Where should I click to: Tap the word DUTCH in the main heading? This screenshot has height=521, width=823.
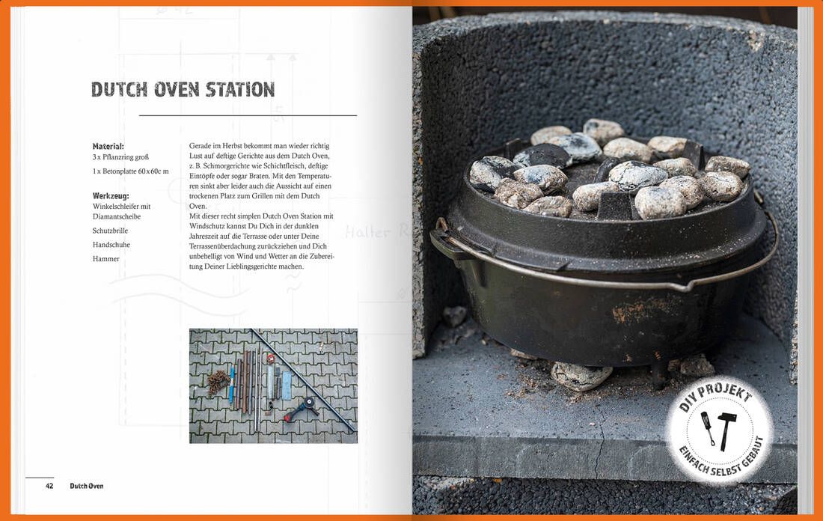pos(119,90)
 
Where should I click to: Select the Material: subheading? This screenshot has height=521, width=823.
pos(108,147)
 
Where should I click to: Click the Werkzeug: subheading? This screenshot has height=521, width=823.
pos(111,196)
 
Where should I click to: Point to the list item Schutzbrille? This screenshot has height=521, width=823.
pos(110,231)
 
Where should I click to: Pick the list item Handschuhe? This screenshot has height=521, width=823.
pos(111,245)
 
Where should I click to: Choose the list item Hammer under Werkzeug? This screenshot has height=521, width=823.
pos(106,259)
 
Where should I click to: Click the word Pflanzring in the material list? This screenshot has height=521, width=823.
pos(118,157)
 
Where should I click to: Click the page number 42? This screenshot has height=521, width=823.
pos(49,486)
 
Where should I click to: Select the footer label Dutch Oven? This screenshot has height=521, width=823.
pos(87,486)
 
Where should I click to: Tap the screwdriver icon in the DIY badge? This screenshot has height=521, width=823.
pos(708,427)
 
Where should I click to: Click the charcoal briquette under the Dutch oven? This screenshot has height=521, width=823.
pos(581,376)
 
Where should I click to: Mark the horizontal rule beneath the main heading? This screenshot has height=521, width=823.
pos(248,115)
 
